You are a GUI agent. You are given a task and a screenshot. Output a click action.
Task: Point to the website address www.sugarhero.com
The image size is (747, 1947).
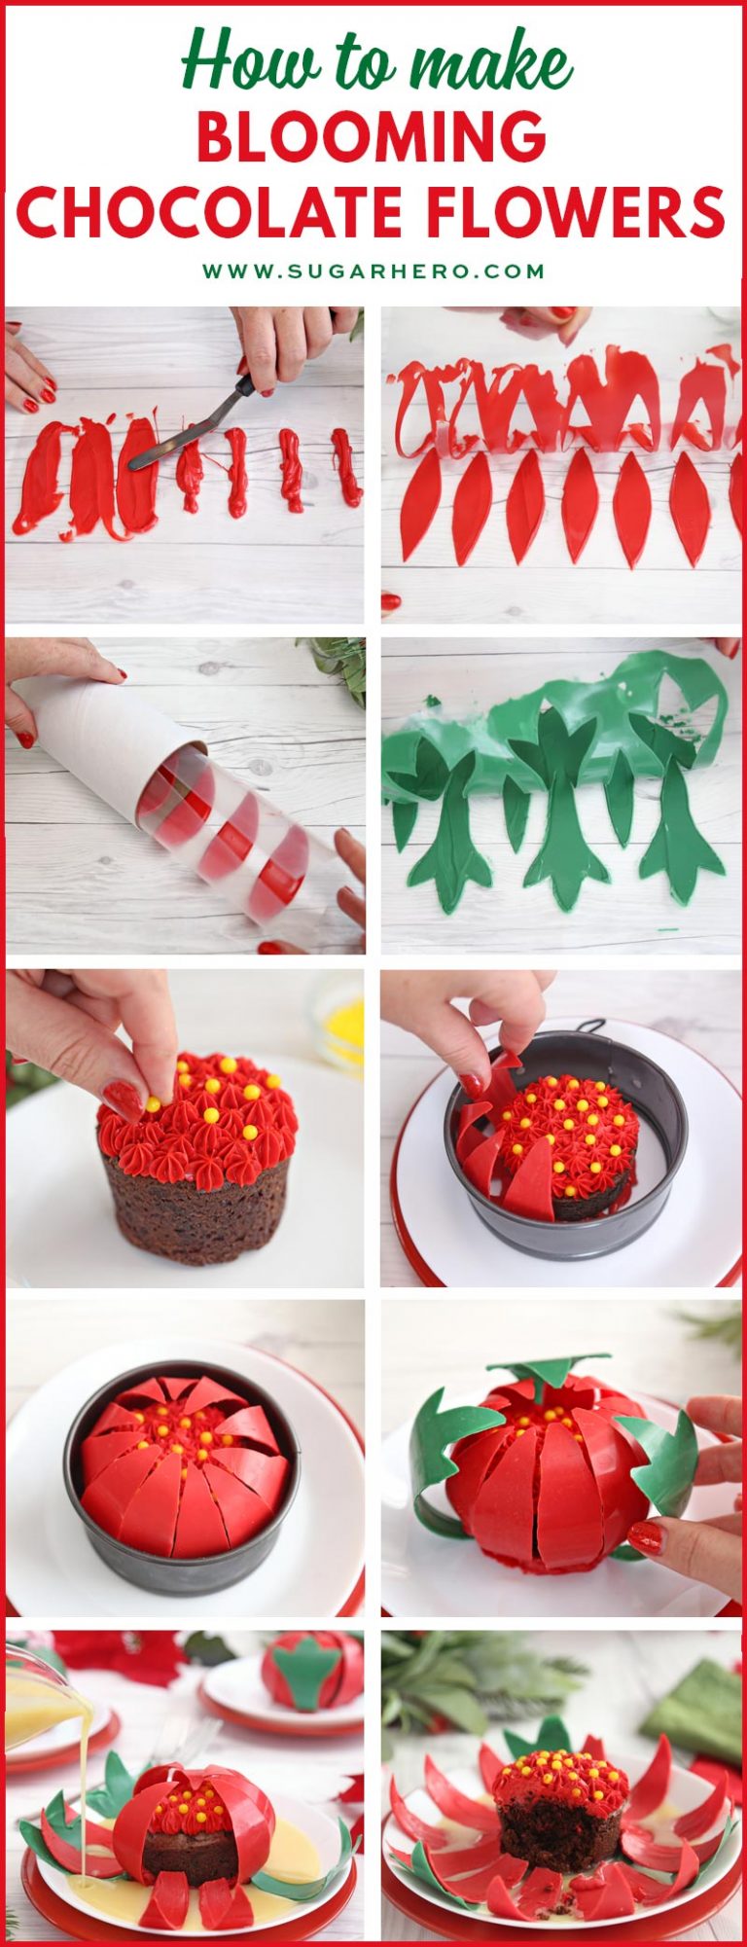(x=373, y=271)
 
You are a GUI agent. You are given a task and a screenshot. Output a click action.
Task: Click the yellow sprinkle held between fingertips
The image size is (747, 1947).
(x=153, y=1103)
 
